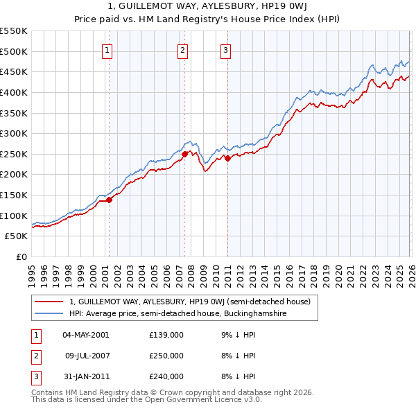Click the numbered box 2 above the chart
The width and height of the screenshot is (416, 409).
pyautogui.click(x=182, y=49)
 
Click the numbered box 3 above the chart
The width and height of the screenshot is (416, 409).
pyautogui.click(x=226, y=49)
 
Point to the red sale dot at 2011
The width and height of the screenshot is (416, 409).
pyautogui.click(x=228, y=159)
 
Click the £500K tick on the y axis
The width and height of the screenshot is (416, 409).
pyautogui.click(x=14, y=51)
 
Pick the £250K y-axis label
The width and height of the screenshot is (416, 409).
pyautogui.click(x=14, y=154)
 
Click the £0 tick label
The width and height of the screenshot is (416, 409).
pyautogui.click(x=21, y=256)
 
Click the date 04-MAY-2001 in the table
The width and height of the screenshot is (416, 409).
pyautogui.click(x=85, y=335)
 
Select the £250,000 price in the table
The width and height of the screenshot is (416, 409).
pyautogui.click(x=166, y=356)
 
